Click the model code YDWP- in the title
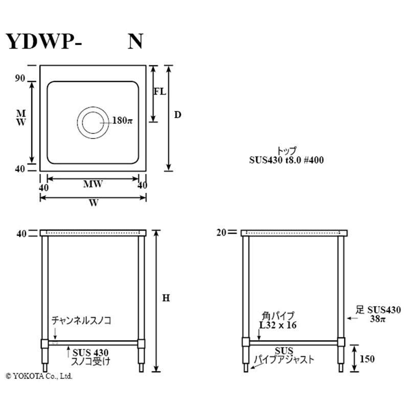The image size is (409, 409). click(43, 42)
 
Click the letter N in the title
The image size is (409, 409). click(135, 42)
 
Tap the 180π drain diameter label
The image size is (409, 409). click(122, 121)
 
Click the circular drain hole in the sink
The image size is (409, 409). click(93, 123)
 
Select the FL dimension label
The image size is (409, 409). click(160, 92)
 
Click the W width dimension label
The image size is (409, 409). click(93, 203)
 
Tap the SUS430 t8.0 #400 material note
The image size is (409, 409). click(286, 160)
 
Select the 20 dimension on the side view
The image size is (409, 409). click(221, 233)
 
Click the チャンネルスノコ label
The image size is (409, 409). click(81, 321)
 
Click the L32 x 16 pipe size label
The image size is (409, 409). click(278, 325)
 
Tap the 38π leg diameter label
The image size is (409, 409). click(379, 318)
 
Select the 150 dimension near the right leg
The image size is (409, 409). click(367, 359)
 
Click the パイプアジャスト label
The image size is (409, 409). click(284, 359)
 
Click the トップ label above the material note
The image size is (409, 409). click(286, 151)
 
